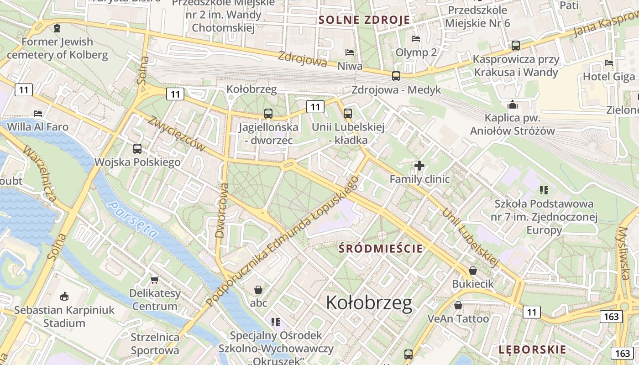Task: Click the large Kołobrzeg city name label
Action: (x=369, y=302)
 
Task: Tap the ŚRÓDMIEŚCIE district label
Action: (x=381, y=249)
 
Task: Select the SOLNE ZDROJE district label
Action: (x=364, y=20)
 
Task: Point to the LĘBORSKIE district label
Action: (x=532, y=350)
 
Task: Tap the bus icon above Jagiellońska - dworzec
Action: (x=268, y=114)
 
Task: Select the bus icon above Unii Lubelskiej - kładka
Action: (x=348, y=114)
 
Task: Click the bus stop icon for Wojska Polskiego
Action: (x=137, y=148)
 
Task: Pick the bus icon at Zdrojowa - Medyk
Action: (x=396, y=76)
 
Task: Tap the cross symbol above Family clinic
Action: (x=419, y=166)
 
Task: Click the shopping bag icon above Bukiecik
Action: (x=473, y=271)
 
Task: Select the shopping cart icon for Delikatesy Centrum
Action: (x=155, y=279)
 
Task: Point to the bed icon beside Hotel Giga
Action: (x=608, y=63)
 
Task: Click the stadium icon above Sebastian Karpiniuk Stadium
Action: (x=64, y=296)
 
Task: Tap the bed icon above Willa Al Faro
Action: (x=38, y=113)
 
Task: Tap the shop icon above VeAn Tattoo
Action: (x=458, y=305)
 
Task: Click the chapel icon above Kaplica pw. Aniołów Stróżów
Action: (x=512, y=104)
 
